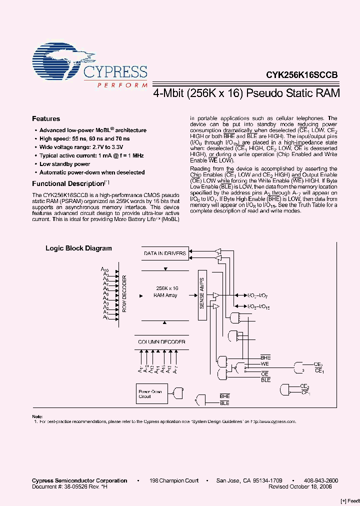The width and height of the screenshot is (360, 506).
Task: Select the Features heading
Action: point(46,119)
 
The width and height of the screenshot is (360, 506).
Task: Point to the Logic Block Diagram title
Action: point(78,248)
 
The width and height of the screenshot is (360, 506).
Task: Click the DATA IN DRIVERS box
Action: point(165,253)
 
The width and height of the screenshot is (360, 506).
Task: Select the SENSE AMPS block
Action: point(202,292)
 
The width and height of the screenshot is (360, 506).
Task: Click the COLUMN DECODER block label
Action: point(161,342)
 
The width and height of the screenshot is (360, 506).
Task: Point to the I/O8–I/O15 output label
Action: point(258,306)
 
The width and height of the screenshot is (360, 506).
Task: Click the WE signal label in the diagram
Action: point(265,364)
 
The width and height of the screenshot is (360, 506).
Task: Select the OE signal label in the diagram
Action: point(265,373)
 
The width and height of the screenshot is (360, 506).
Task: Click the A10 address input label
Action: point(105,270)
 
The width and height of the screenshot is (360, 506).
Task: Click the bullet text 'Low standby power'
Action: point(65,164)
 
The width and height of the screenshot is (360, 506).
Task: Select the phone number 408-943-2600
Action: point(321,480)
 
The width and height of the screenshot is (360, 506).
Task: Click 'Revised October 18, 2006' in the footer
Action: point(303,486)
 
